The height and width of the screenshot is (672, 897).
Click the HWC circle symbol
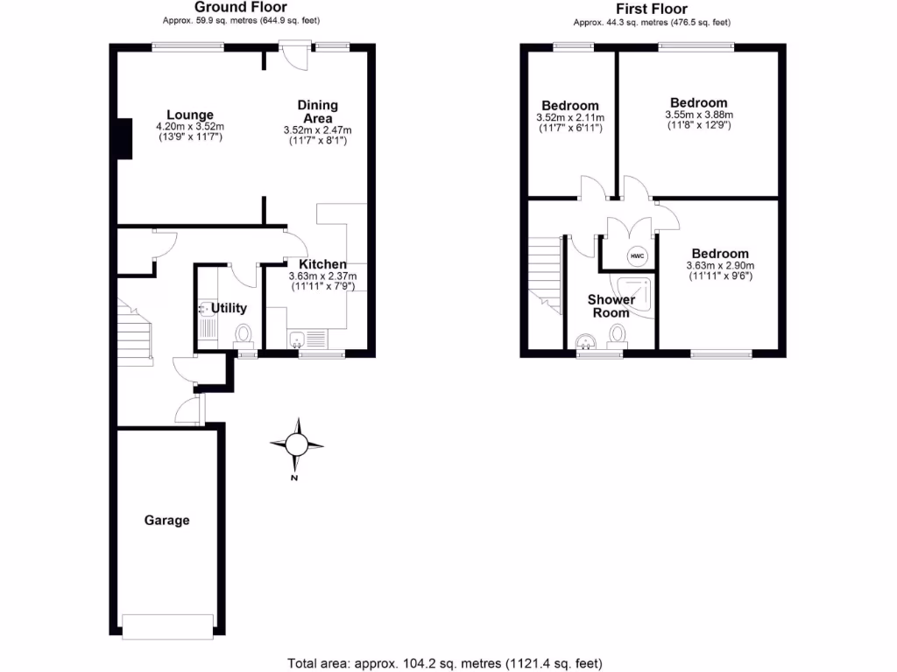(x=637, y=256)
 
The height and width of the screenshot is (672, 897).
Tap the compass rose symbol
(x=296, y=446)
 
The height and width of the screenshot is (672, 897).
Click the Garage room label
(x=166, y=521)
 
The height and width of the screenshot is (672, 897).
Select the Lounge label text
(x=190, y=115)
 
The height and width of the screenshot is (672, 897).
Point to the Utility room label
(x=229, y=308)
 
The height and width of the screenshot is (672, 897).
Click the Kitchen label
(x=322, y=264)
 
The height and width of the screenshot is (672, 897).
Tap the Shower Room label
(x=611, y=306)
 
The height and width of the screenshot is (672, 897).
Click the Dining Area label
(x=317, y=112)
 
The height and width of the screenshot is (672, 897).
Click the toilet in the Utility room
(x=244, y=335)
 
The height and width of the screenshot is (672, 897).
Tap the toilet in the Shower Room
(x=618, y=335)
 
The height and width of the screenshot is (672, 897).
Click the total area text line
(x=445, y=662)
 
